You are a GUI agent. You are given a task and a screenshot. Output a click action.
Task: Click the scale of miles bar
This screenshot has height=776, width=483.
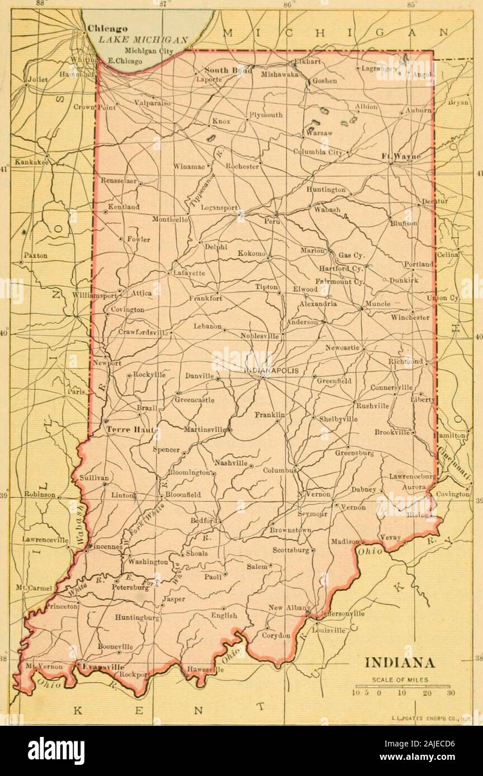tap(402, 685)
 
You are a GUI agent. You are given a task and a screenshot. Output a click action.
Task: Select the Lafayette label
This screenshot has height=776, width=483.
tap(189, 273)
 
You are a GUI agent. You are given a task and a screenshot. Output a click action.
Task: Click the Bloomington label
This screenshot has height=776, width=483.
tap(190, 472)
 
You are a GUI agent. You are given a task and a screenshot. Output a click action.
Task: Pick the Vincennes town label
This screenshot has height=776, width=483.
tap(106, 547)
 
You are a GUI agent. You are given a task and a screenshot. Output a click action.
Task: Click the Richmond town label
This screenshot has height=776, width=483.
tap(405, 362)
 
